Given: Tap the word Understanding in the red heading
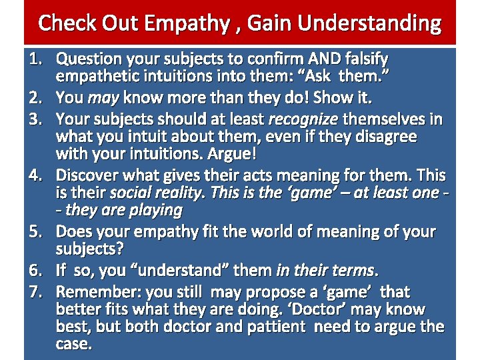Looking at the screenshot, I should (369, 23).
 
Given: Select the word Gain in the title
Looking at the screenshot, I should (271, 23).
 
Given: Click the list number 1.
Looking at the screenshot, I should (35, 60).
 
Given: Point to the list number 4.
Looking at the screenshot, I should (35, 176).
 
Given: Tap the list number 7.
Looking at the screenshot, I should (35, 292).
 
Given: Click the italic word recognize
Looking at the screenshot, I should (303, 119).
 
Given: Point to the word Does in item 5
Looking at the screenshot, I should (73, 232).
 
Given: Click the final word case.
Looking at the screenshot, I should (74, 344).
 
